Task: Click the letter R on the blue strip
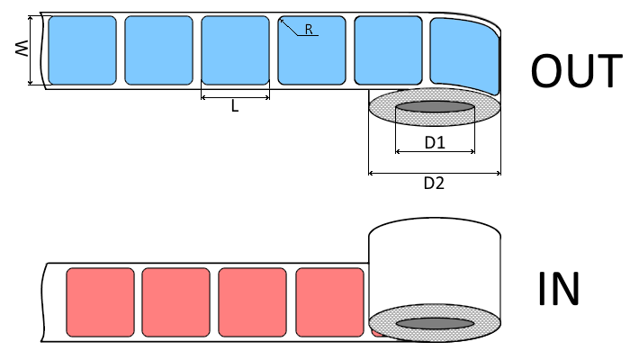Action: coord(308,30)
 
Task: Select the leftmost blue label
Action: coord(82,50)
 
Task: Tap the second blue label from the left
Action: coord(158,50)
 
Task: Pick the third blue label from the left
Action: coord(235,50)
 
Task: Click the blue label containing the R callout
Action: coord(311,56)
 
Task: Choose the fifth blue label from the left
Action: coord(388,50)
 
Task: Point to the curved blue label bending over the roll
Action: coord(463,56)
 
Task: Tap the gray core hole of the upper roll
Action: coord(435,107)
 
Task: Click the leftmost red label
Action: coord(100,301)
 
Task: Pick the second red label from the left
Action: coord(175,301)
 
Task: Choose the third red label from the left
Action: coord(252,301)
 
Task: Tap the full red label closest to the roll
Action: coord(329,301)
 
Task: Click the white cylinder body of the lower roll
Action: coord(435,261)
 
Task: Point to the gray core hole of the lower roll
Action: coord(435,323)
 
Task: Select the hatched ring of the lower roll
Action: coord(382,323)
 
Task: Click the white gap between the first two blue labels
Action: coord(121,50)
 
